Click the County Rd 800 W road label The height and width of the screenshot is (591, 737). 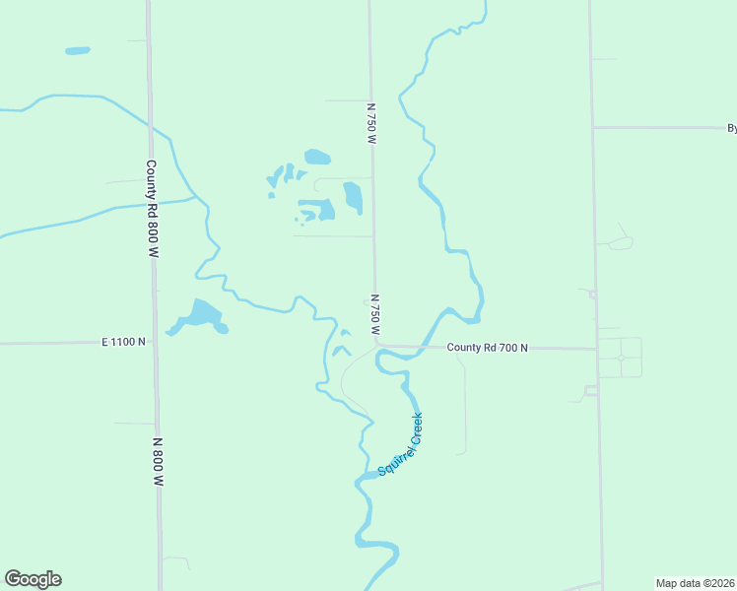[x=152, y=209]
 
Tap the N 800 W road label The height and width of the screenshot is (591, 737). [x=158, y=463]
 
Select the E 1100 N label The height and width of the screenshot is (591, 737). [x=123, y=342]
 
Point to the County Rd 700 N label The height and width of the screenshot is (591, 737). [x=487, y=348]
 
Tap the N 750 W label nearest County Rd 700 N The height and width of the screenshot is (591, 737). [x=374, y=314]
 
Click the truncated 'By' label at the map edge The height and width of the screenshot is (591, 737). [x=731, y=128]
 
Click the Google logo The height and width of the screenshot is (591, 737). [x=33, y=579]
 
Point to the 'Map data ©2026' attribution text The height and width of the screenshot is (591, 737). [x=695, y=582]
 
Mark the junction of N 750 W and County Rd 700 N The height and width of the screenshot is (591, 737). [x=375, y=346]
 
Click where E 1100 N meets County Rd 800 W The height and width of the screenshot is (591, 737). [x=155, y=342]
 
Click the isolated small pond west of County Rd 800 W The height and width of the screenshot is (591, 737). [x=77, y=50]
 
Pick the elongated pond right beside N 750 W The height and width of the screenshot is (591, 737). [x=353, y=197]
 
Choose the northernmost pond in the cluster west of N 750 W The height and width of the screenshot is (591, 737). [x=317, y=157]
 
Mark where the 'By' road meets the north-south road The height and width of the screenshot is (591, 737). [x=592, y=127]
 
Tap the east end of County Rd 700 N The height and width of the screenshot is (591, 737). [x=595, y=349]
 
